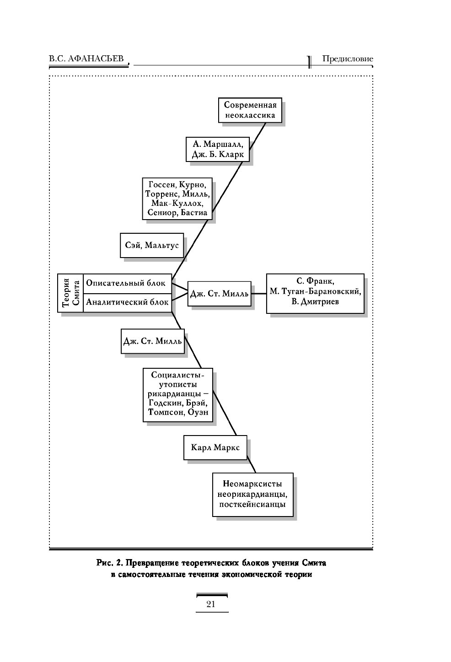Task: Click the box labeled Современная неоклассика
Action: point(250,110)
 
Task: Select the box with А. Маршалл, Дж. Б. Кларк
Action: point(218,149)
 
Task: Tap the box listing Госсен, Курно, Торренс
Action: point(177,199)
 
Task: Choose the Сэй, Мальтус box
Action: point(152,245)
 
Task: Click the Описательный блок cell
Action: point(127,284)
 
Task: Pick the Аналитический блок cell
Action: point(127,303)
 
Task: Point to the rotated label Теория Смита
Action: point(70,293)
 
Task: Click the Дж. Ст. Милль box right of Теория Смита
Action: point(219,294)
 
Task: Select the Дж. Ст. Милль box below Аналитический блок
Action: point(152,341)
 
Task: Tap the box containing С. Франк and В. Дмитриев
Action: point(315,293)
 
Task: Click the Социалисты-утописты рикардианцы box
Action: point(178,395)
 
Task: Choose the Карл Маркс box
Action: point(215,447)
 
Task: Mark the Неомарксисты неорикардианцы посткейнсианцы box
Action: point(252,495)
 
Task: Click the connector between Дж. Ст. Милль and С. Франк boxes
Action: point(259,294)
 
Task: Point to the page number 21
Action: point(211,604)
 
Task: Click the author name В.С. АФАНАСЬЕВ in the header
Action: point(86,59)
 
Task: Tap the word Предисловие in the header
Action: point(348,59)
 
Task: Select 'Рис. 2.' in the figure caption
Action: point(110,563)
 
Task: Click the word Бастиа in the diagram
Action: point(194,212)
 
